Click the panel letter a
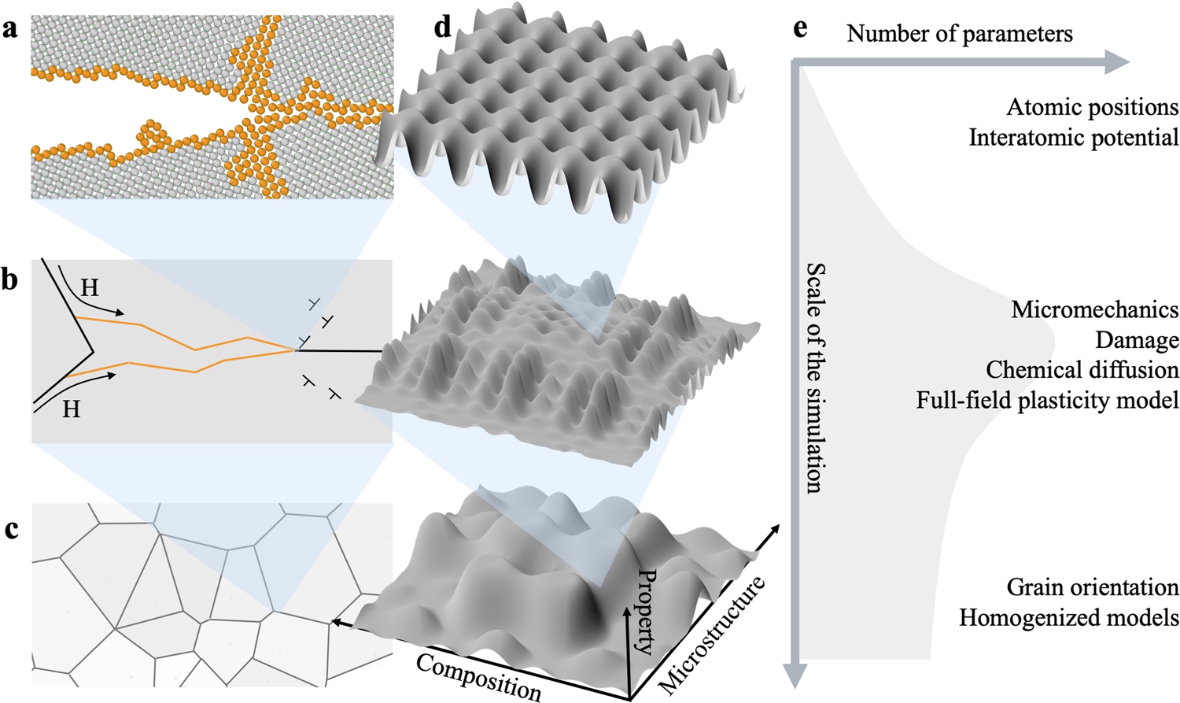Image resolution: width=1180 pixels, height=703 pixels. tap(9, 30)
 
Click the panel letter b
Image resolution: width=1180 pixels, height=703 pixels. tap(9, 279)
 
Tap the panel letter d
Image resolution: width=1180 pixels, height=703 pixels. tap(443, 28)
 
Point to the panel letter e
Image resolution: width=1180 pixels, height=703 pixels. tap(800, 30)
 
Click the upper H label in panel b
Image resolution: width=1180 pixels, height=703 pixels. tap(90, 287)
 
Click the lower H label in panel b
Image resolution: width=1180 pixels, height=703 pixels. tap(71, 409)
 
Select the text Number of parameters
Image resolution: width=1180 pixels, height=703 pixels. tap(959, 34)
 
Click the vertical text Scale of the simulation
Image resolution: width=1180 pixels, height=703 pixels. tap(815, 378)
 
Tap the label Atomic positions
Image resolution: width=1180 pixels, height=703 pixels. tap(1092, 107)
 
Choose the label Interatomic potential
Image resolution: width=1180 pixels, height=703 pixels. tap(1073, 138)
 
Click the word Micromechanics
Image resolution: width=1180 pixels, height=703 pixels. tap(1094, 309)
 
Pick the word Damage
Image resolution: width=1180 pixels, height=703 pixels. tap(1137, 340)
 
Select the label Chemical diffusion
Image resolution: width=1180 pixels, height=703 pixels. tap(1082, 370)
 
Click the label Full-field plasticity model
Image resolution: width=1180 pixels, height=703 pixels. tap(1046, 401)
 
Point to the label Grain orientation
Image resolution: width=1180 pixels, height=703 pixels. tap(1092, 587)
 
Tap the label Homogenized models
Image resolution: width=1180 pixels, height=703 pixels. tap(1068, 618)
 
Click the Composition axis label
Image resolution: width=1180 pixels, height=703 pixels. tap(478, 676)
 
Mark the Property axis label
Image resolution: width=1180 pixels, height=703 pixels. tap(645, 611)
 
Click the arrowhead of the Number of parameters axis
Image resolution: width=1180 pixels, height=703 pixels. tap(1118, 62)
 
